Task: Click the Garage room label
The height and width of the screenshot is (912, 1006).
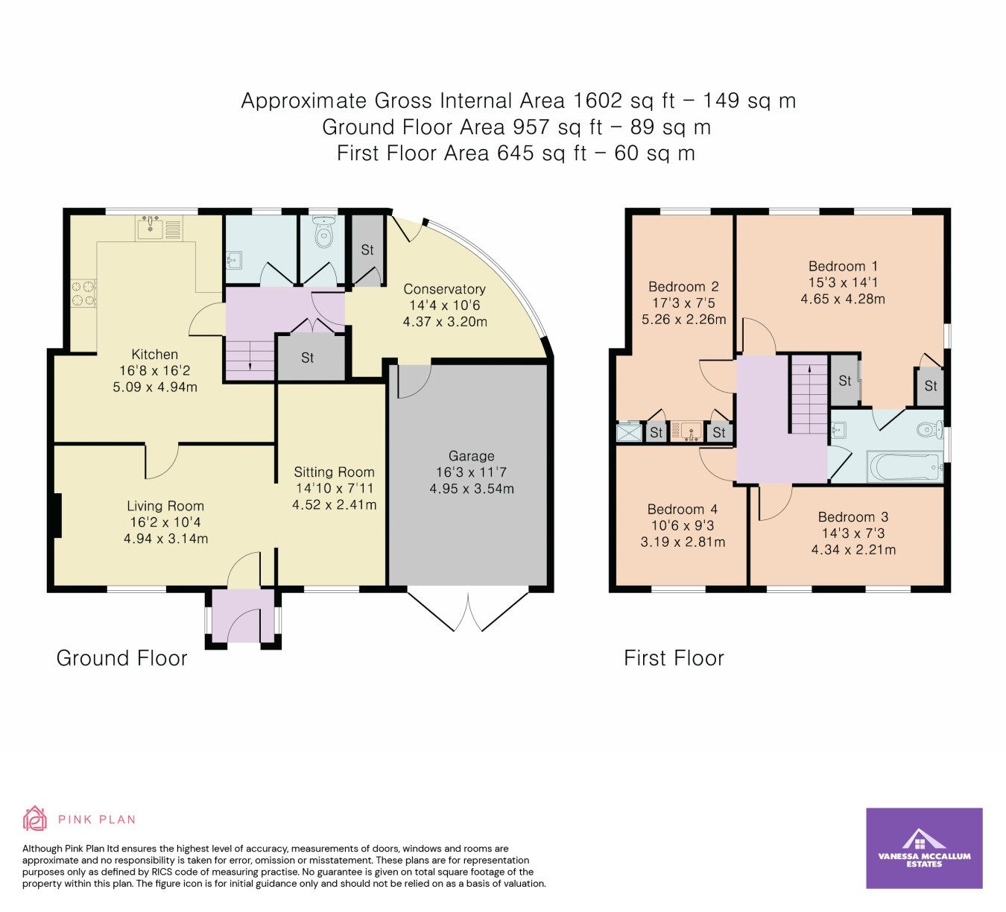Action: click(471, 456)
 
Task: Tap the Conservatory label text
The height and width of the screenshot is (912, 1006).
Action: click(444, 289)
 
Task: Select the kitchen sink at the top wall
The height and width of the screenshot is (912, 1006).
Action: click(159, 228)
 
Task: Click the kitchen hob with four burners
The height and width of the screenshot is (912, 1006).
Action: click(83, 293)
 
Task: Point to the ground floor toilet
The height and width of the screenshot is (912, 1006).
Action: click(323, 232)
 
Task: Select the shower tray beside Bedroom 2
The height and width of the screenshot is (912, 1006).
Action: click(629, 432)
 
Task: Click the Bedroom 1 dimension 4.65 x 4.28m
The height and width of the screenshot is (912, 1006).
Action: click(843, 300)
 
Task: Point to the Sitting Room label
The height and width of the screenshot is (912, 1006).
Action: click(334, 472)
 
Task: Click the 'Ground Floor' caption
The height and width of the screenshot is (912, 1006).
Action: click(121, 659)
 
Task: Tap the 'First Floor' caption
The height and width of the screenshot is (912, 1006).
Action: click(674, 659)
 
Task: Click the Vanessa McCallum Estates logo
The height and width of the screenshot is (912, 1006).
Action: click(924, 848)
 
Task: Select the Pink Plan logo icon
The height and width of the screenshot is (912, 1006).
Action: click(34, 819)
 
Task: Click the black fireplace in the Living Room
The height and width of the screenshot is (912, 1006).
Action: click(57, 515)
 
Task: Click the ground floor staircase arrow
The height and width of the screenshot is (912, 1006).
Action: click(249, 363)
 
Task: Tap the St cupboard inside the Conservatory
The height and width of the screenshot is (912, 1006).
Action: click(367, 250)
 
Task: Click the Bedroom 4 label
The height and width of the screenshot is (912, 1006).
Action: click(682, 510)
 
